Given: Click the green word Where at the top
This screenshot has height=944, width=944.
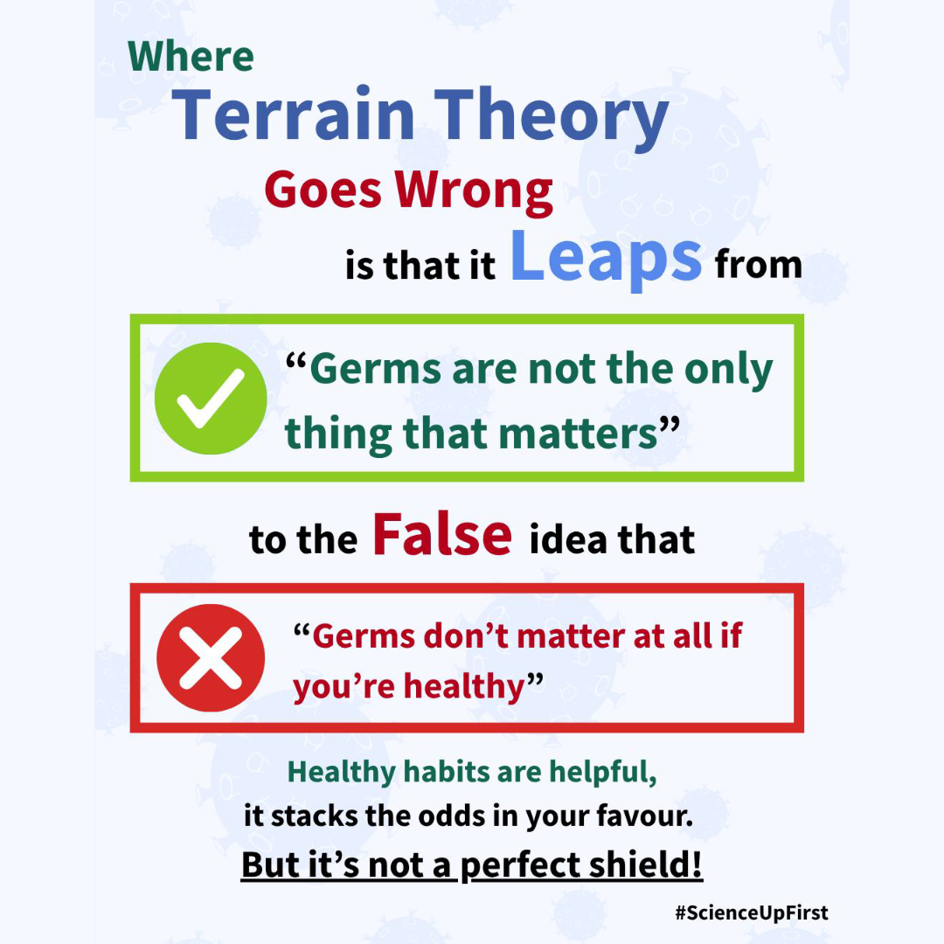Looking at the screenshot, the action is click(x=191, y=57).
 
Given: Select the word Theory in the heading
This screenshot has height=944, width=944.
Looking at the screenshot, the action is click(x=551, y=119).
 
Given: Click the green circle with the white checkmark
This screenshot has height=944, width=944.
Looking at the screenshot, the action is click(x=211, y=398).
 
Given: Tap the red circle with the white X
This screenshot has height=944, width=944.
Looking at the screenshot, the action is click(x=211, y=657).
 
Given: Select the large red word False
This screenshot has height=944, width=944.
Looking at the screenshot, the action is click(x=442, y=534).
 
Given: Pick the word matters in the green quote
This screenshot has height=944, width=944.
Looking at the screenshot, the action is click(x=578, y=434).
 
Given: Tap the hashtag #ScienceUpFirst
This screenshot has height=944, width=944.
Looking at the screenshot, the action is click(x=752, y=913).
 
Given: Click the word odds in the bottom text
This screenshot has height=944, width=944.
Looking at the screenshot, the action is click(x=452, y=816).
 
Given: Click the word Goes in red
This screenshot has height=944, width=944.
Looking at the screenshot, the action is click(x=323, y=190).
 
